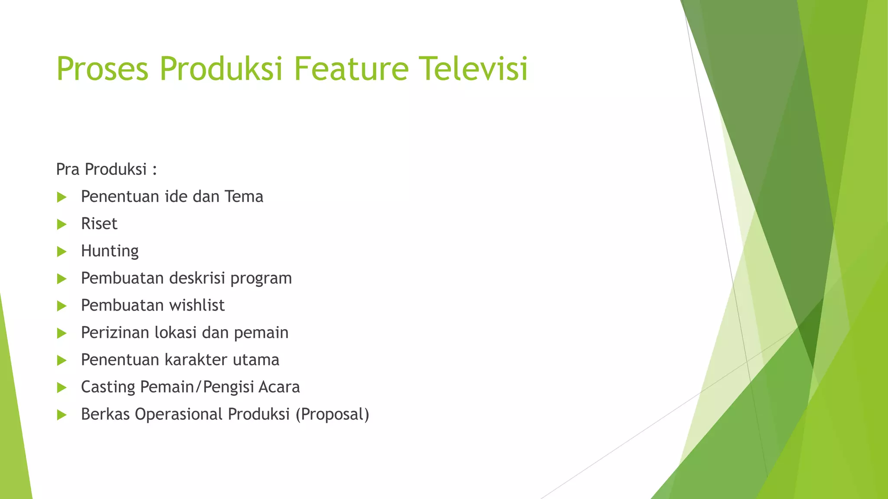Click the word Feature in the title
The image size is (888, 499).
tap(351, 68)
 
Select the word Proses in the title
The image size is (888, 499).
tap(102, 69)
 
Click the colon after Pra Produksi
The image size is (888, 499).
tap(154, 170)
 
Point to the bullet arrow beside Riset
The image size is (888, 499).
tap(62, 224)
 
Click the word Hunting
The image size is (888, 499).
tap(110, 251)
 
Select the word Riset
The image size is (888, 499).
tap(99, 224)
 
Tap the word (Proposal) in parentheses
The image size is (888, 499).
tap(332, 415)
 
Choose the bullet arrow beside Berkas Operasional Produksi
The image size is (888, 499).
tap(62, 415)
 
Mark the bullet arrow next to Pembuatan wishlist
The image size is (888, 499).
tap(62, 306)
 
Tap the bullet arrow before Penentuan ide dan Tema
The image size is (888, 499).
tap(62, 198)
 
